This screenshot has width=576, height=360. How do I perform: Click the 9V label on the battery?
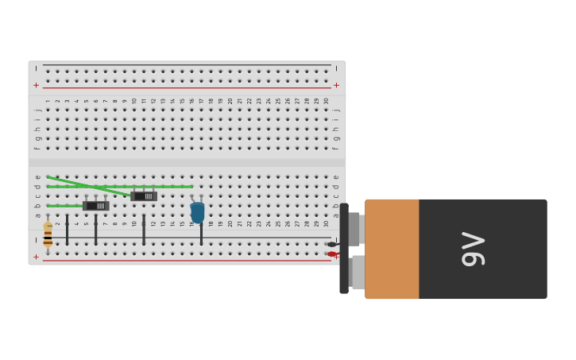(473, 249)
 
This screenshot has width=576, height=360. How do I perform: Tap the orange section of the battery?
(392, 249)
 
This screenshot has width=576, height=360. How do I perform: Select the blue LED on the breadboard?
(197, 211)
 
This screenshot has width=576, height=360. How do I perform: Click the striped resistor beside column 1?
(48, 234)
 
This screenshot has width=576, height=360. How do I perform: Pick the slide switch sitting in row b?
(95, 206)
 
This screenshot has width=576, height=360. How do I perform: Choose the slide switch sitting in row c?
(144, 195)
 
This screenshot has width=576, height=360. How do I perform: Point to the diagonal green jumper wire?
(87, 186)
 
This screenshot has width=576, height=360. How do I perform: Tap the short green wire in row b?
(64, 206)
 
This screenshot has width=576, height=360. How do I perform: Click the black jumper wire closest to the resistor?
(67, 230)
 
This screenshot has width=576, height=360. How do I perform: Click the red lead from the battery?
(332, 254)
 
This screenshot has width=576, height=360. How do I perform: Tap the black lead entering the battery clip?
(332, 244)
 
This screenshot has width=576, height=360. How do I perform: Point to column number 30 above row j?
(326, 101)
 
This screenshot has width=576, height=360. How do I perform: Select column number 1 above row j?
(48, 101)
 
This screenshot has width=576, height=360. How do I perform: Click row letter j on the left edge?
(37, 110)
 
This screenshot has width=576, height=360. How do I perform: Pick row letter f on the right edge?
(335, 148)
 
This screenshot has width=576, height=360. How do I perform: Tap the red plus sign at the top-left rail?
(36, 85)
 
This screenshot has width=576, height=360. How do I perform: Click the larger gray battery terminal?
(358, 272)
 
